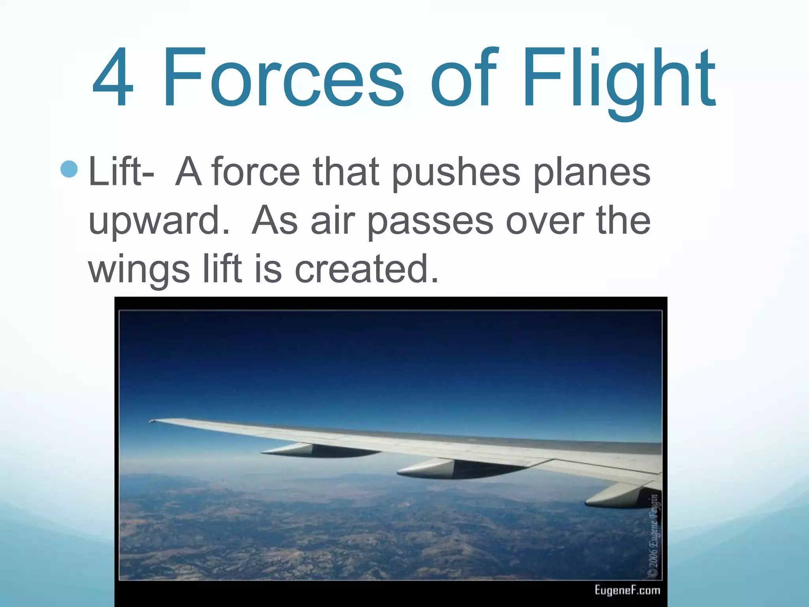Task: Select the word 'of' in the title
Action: pyautogui.click(x=462, y=77)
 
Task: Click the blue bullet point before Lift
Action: pyautogui.click(x=70, y=170)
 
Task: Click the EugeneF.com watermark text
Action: pyautogui.click(x=627, y=590)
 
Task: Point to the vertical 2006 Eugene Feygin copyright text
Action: pyautogui.click(x=654, y=535)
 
